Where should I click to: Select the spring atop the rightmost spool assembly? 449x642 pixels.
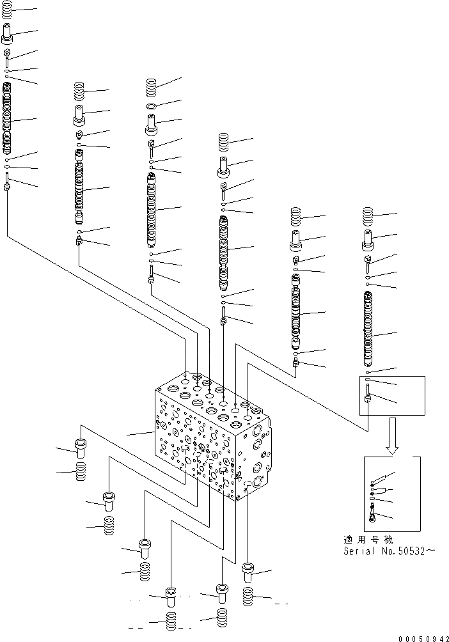tap(368, 217)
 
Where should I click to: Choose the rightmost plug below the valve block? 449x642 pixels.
tap(249, 571)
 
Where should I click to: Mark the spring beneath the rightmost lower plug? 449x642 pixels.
tap(249, 597)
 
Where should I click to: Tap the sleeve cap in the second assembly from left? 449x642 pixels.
tap(80, 116)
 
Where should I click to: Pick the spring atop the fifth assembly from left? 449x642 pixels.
tap(295, 217)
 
